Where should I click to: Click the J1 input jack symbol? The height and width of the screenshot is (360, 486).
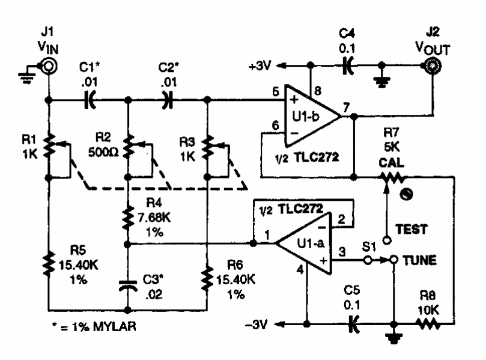[45, 67]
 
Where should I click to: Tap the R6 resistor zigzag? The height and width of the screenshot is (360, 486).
[207, 278]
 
